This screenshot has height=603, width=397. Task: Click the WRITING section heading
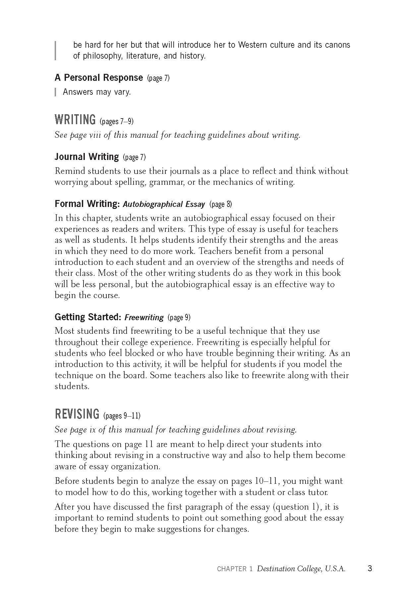point(75,120)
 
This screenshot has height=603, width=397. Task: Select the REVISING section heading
point(77,414)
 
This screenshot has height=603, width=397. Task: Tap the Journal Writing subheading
point(86,157)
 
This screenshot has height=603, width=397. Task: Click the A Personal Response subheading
point(98,78)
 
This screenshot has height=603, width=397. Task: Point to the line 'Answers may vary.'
point(97,92)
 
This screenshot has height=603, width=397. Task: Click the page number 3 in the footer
point(370,569)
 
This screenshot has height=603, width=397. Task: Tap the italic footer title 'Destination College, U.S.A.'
point(301,569)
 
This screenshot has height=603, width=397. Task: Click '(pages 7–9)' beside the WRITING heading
point(117,122)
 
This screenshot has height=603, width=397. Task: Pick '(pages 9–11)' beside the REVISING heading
point(122,416)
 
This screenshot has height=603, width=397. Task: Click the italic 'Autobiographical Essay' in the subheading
point(164,204)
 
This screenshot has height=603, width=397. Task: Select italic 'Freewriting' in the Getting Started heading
point(144,318)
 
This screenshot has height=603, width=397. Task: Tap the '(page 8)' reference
point(221,204)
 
